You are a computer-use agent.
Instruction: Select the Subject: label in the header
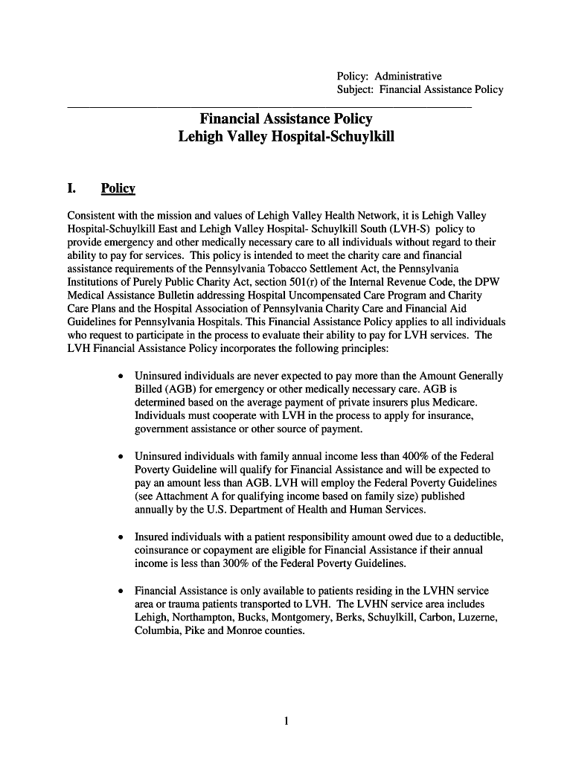click(356, 90)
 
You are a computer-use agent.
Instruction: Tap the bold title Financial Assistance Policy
click(286, 119)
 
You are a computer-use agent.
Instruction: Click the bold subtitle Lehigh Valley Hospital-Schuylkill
click(286, 138)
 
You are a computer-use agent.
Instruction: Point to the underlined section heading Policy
click(118, 189)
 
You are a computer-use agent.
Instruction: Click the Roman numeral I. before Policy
click(73, 189)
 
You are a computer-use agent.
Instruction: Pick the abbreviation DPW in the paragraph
click(473, 282)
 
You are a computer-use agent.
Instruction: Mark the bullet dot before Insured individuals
click(121, 537)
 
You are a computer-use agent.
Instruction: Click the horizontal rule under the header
click(269, 108)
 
